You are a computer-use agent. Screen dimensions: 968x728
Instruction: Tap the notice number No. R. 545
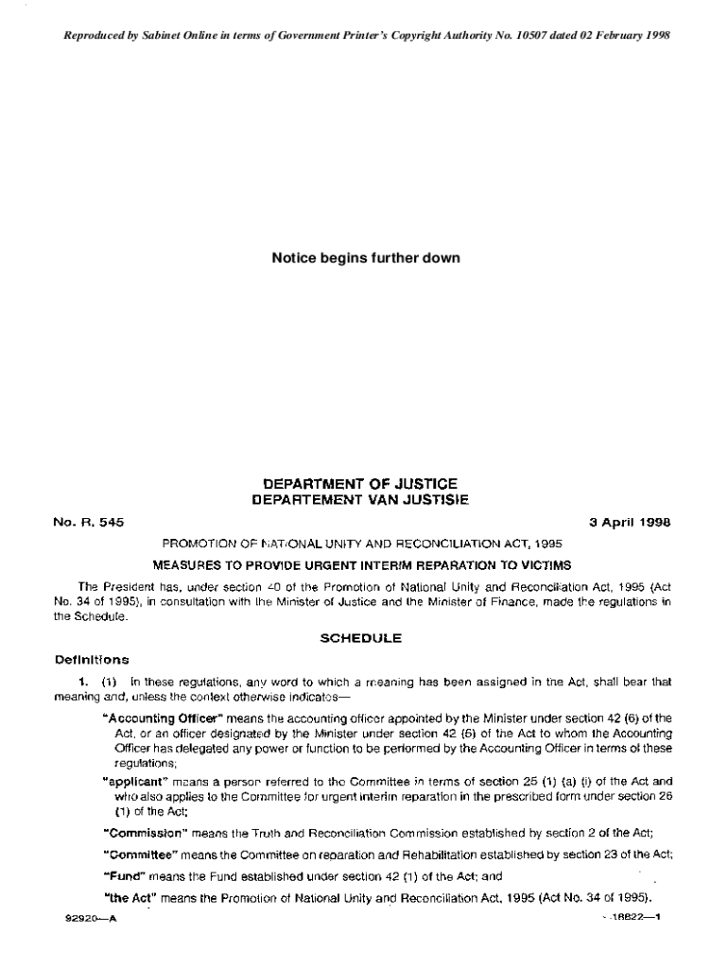(x=89, y=521)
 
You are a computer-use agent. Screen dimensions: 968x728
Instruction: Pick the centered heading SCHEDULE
(x=361, y=638)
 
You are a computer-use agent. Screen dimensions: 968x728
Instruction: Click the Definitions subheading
(x=92, y=659)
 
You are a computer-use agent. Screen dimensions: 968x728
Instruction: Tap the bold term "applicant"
(x=132, y=782)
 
